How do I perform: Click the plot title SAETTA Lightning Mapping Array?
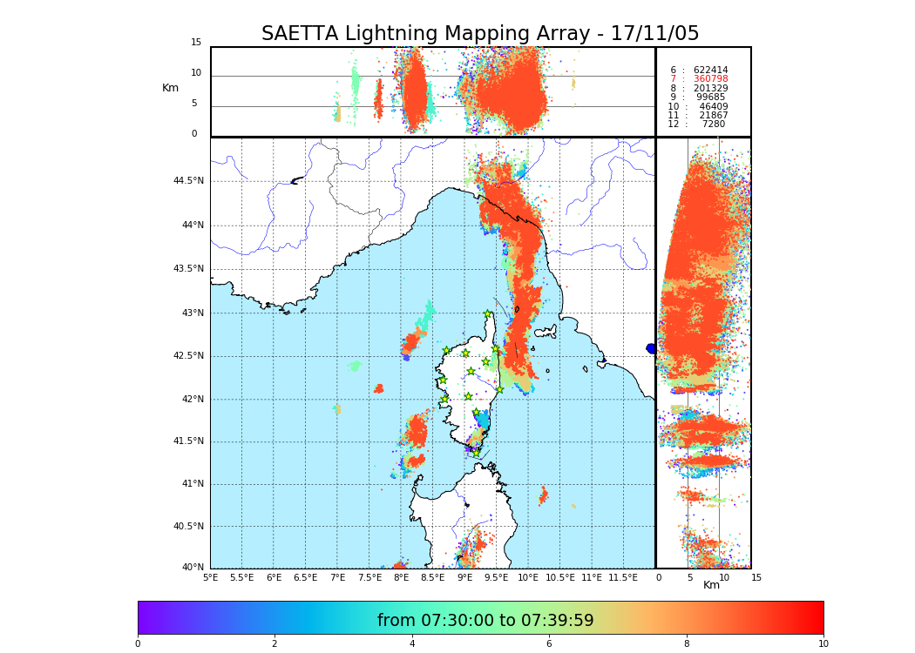pos(480,34)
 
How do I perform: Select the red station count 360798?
pos(710,79)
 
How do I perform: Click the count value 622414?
pos(710,71)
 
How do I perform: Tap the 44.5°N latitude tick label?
pos(188,181)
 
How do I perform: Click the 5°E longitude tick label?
pos(211,577)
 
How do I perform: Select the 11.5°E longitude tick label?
pos(623,577)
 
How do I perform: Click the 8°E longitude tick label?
pos(401,577)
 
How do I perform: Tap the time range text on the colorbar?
pos(485,621)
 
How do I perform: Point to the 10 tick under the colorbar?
pos(823,644)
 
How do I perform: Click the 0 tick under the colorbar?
pos(138,644)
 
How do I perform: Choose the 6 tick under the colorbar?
pos(549,644)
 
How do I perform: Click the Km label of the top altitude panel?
pos(170,88)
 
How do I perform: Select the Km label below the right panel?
pos(711,585)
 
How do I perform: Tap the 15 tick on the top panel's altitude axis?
pos(196,43)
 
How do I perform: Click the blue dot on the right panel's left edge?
pos(651,348)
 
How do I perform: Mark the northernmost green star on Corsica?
pos(488,314)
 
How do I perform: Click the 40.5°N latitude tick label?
pos(188,527)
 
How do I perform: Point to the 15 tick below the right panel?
pos(756,577)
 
